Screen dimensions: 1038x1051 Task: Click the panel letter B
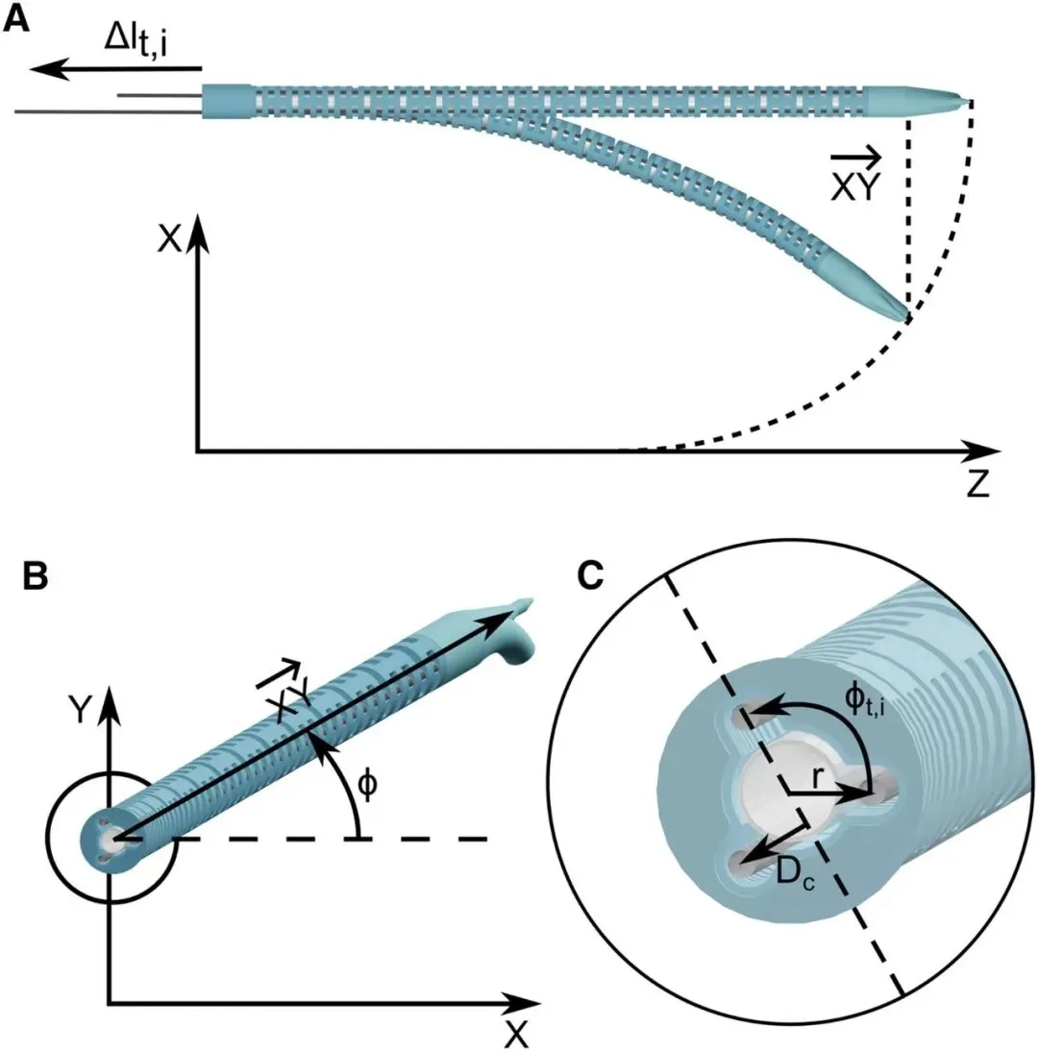(36, 575)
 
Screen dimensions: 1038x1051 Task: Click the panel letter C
(591, 575)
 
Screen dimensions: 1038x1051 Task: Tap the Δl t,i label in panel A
(136, 41)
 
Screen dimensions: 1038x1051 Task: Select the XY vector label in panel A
(855, 176)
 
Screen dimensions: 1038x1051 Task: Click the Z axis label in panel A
(978, 484)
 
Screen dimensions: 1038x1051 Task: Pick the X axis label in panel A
(169, 237)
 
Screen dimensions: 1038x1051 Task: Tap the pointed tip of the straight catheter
(968, 101)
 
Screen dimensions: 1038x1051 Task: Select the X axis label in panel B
(516, 1035)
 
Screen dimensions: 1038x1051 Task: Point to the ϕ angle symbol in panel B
(367, 785)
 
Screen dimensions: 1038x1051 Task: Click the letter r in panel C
(817, 777)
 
